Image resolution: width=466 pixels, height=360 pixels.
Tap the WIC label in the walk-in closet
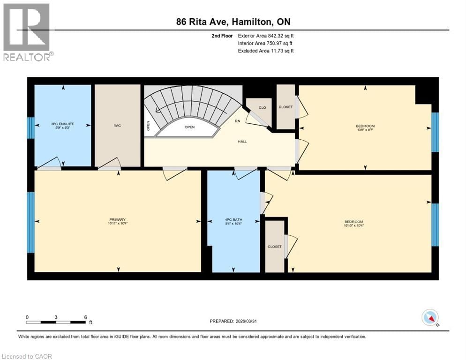pos(118,126)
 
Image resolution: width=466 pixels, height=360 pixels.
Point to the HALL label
pos(242,141)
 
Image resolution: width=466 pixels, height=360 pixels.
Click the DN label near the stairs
pos(238,120)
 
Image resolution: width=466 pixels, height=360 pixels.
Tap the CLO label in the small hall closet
pos(262,108)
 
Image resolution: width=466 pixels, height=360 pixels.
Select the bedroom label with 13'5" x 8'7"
pos(365,127)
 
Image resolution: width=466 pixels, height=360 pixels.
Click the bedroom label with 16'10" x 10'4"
pos(353,223)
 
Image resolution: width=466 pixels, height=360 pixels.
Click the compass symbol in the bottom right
pos(430,317)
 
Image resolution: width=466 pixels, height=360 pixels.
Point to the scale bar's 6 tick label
pos(85,317)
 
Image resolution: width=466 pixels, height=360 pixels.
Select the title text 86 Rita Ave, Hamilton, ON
pos(233,22)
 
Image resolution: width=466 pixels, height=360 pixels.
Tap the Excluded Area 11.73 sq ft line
pos(266,51)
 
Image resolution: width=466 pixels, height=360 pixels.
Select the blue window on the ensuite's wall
pos(30,127)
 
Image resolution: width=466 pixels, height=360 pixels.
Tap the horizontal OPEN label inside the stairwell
pos(189,127)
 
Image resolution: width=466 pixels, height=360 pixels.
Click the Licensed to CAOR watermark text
pos(27,356)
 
